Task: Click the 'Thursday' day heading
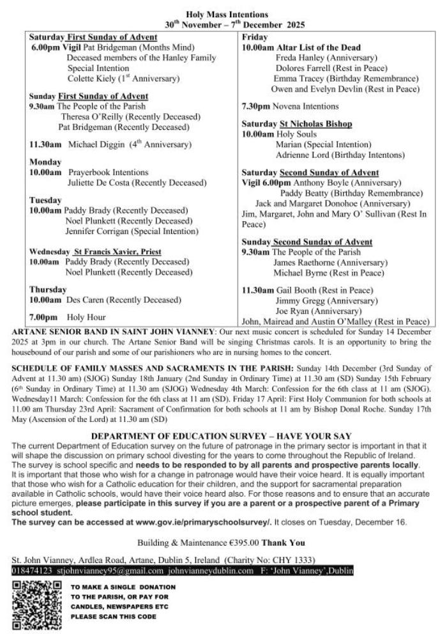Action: click(48, 289)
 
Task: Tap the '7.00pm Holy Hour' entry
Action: click(67, 317)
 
